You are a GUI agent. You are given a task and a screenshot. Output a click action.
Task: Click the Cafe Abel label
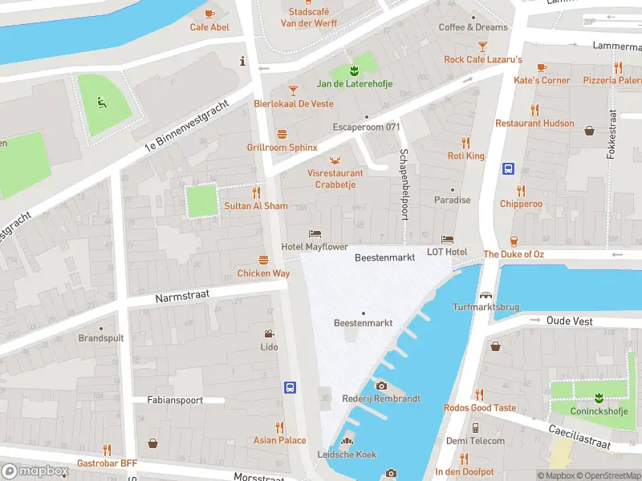(x=209, y=27)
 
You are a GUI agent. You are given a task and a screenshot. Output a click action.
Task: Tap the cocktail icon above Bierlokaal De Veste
(x=293, y=90)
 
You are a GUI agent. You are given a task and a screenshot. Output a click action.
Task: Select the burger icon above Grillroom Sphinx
(x=282, y=134)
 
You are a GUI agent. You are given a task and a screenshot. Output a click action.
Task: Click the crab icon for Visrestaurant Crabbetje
(x=335, y=159)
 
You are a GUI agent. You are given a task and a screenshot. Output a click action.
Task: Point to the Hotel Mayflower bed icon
(x=315, y=233)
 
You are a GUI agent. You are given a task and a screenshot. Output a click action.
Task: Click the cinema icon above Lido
(x=269, y=333)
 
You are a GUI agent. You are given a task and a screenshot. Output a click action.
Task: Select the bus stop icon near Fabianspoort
(x=290, y=387)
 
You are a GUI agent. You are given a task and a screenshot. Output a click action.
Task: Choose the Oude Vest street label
(x=569, y=321)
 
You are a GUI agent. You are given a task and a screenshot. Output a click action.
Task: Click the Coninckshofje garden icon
(x=599, y=396)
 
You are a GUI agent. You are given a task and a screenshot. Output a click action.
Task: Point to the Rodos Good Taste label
(x=480, y=407)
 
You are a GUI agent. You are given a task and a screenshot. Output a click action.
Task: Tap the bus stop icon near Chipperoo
(x=508, y=168)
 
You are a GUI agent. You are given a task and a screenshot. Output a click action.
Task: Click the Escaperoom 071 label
(x=366, y=127)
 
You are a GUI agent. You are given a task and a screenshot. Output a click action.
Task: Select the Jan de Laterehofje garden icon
(x=354, y=70)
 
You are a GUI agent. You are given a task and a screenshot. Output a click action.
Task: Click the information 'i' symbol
(x=242, y=61)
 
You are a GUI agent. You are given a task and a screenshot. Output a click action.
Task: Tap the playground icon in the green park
(x=102, y=102)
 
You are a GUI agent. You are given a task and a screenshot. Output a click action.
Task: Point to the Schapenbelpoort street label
(x=404, y=184)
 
